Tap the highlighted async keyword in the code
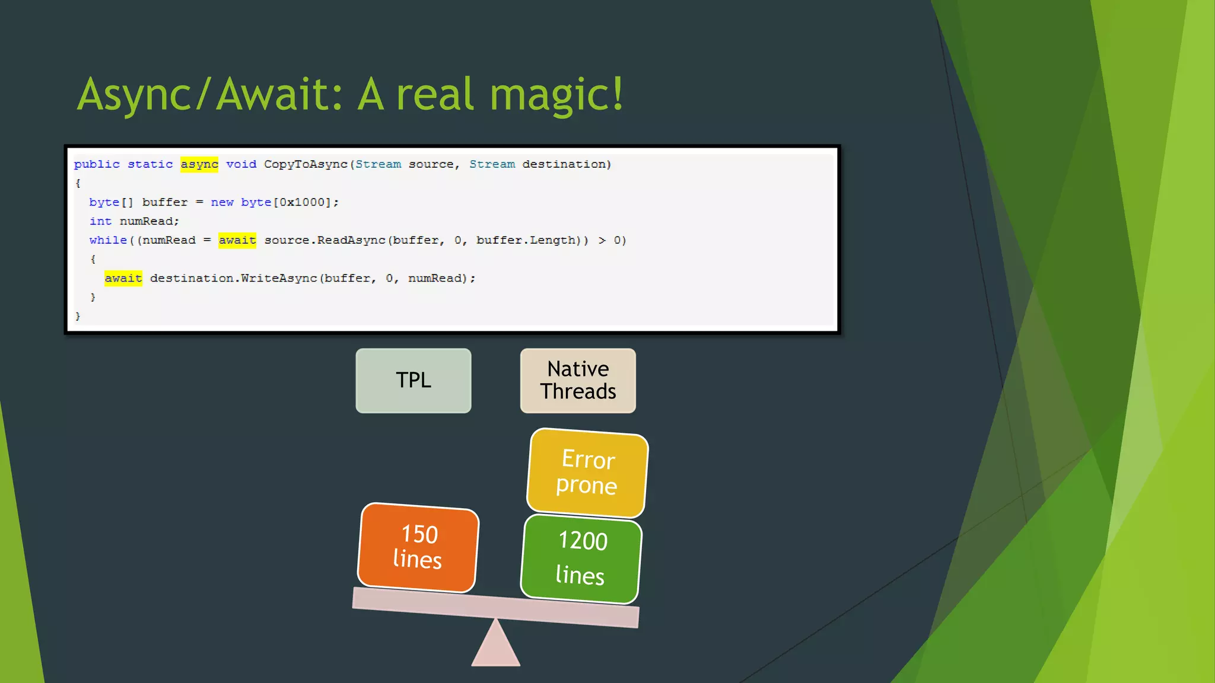[x=199, y=164]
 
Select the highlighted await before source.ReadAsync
[x=237, y=240]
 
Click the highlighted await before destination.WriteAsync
[x=123, y=278]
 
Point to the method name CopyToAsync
[x=306, y=164]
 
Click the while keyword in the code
[x=108, y=240]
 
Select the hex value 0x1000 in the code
[x=302, y=202]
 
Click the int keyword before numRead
[x=100, y=221]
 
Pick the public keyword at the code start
[x=97, y=164]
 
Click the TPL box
[x=414, y=381]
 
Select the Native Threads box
[x=578, y=381]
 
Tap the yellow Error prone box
[x=587, y=473]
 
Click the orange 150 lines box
[x=418, y=547]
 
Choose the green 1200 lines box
[x=581, y=558]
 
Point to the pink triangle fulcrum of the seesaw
[x=496, y=646]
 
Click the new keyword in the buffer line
[x=222, y=202]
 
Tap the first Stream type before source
[x=378, y=164]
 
